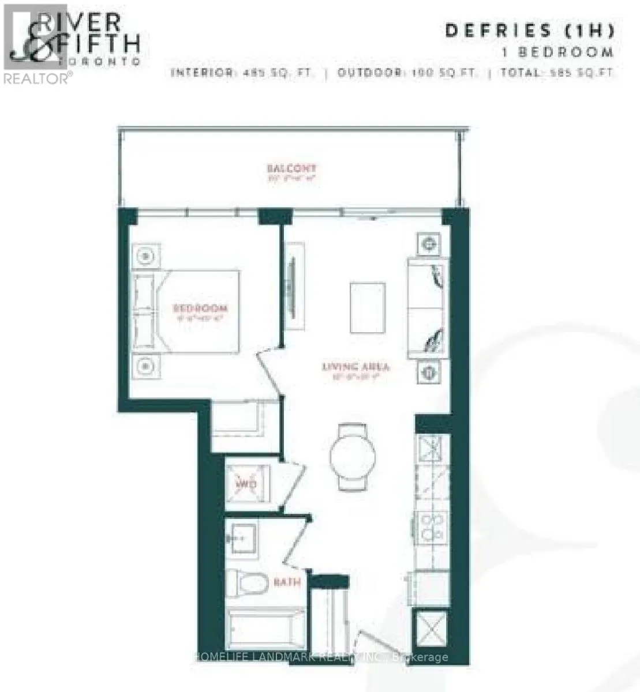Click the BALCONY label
pos(291,168)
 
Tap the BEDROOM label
pos(200,308)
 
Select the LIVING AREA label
pos(355,367)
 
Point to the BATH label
pos(287,582)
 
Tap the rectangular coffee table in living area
pos(367,307)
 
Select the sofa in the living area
pos(428,309)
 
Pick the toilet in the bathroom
pos(246,582)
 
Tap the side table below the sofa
pos(429,372)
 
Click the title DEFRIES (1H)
pos(529,31)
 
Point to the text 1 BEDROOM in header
pos(557,52)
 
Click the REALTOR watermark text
pos(36,78)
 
